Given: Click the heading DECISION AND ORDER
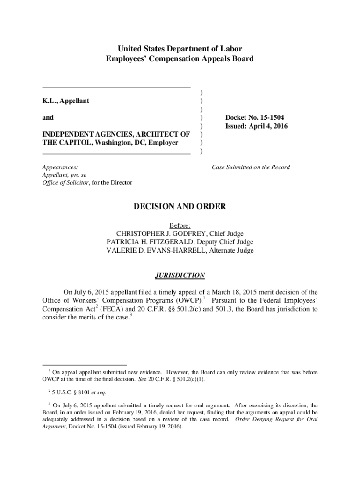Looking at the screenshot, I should coord(180,206).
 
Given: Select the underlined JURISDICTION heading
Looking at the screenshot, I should coord(180,276).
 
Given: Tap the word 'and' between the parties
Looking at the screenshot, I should coord(48,118).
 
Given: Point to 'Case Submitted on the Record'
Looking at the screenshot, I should coord(251,167).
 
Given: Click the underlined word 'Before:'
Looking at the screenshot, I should coord(180,225).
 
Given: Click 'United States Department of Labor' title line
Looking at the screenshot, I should coord(180,49).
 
